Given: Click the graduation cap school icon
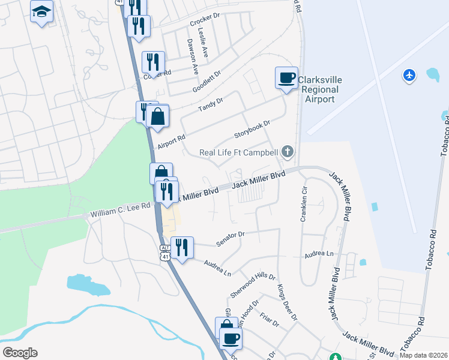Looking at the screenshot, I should click(x=42, y=11).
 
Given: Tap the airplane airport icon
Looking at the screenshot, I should click(x=409, y=76).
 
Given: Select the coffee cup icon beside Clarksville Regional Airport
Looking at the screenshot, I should click(x=286, y=77).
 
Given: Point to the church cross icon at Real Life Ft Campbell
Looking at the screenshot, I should click(x=288, y=152).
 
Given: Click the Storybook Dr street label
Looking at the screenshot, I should click(x=252, y=131).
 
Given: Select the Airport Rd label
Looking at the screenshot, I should click(x=172, y=142).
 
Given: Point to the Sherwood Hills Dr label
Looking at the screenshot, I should click(x=252, y=286).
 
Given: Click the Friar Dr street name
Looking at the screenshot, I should click(x=268, y=318).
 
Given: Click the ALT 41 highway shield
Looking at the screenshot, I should click(x=165, y=252).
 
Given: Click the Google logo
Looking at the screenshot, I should click(x=20, y=353).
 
